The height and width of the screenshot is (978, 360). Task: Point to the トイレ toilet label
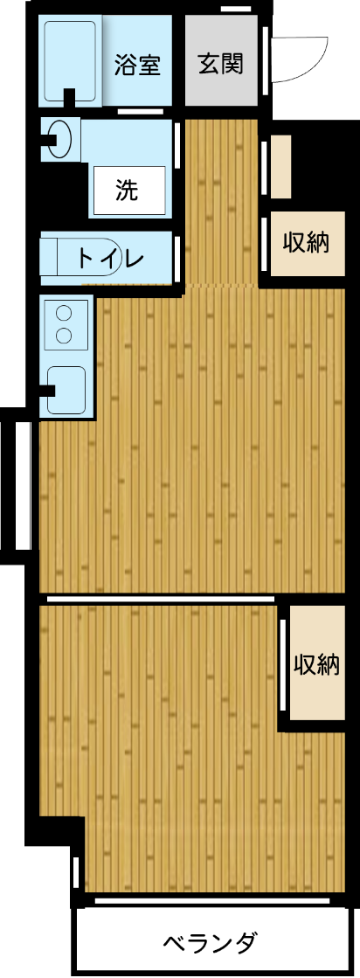tap(108, 258)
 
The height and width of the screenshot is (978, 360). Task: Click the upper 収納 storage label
tap(305, 242)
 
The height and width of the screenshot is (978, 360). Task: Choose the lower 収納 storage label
tap(315, 664)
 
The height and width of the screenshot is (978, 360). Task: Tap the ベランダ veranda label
tap(211, 944)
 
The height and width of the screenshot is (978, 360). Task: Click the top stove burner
tap(64, 312)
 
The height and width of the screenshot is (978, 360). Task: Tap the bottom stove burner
tap(64, 335)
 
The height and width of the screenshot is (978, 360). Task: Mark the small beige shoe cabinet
tap(280, 167)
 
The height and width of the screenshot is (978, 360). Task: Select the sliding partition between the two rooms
tap(160, 600)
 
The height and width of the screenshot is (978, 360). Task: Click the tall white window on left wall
tap(24, 485)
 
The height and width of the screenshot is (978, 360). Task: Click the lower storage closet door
tap(283, 666)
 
